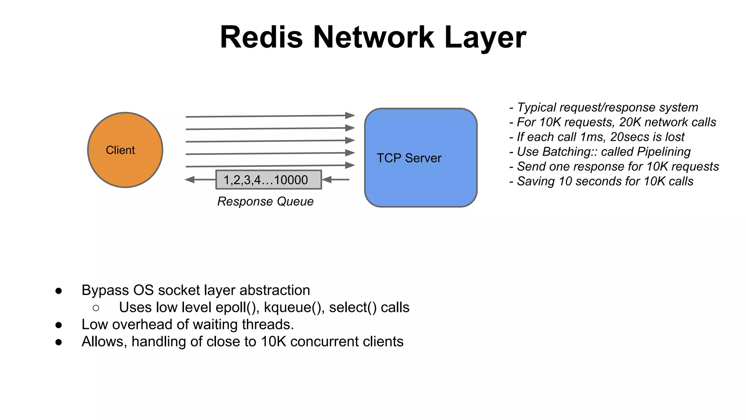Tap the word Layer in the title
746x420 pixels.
pyautogui.click(x=485, y=38)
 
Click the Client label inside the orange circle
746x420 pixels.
pyautogui.click(x=120, y=150)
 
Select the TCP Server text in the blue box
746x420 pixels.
pyautogui.click(x=409, y=158)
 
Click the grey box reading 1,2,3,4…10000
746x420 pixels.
pyautogui.click(x=268, y=180)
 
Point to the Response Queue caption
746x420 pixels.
pyautogui.click(x=265, y=201)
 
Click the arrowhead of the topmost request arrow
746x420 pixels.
pyautogui.click(x=350, y=116)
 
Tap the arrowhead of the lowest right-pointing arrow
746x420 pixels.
pyautogui.click(x=350, y=165)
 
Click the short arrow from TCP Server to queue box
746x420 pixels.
pyautogui.click(x=336, y=179)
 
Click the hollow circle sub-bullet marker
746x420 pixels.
pyautogui.click(x=96, y=308)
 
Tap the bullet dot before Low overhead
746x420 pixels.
pyautogui.click(x=59, y=325)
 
